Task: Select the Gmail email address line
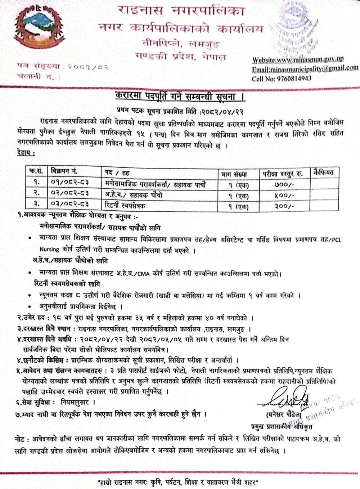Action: click(305, 69)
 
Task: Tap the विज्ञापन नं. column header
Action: click(65, 172)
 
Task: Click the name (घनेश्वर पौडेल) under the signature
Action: click(284, 414)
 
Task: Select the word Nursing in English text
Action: click(49, 249)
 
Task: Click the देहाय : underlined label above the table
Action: click(26, 154)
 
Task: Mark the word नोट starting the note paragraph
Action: click(19, 440)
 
